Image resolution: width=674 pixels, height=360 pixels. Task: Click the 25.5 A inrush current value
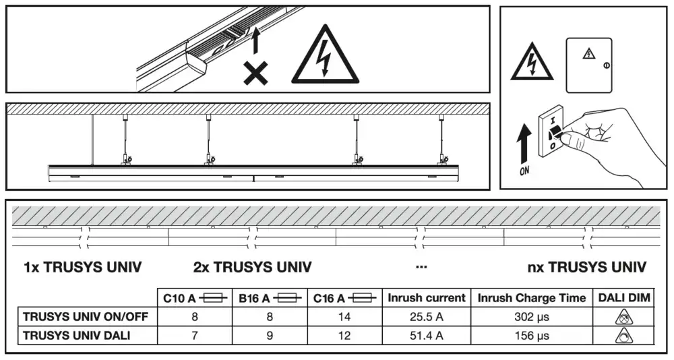click(426, 316)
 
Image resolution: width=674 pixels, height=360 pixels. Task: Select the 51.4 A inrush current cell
click(426, 335)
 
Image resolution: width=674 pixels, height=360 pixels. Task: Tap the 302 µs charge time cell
click(531, 316)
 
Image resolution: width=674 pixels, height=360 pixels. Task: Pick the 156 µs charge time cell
click(531, 335)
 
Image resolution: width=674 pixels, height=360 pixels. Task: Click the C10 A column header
click(194, 298)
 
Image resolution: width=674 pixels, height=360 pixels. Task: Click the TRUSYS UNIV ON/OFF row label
click(85, 316)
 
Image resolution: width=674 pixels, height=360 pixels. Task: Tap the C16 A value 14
click(344, 316)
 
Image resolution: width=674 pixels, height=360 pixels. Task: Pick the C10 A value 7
click(194, 335)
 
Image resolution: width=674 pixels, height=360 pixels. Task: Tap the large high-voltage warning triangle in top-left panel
click(326, 59)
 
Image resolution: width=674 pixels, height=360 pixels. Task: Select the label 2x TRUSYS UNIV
click(252, 268)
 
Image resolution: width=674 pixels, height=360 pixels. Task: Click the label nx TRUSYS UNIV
click(586, 268)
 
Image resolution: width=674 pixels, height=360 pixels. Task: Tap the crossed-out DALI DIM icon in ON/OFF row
click(625, 316)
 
